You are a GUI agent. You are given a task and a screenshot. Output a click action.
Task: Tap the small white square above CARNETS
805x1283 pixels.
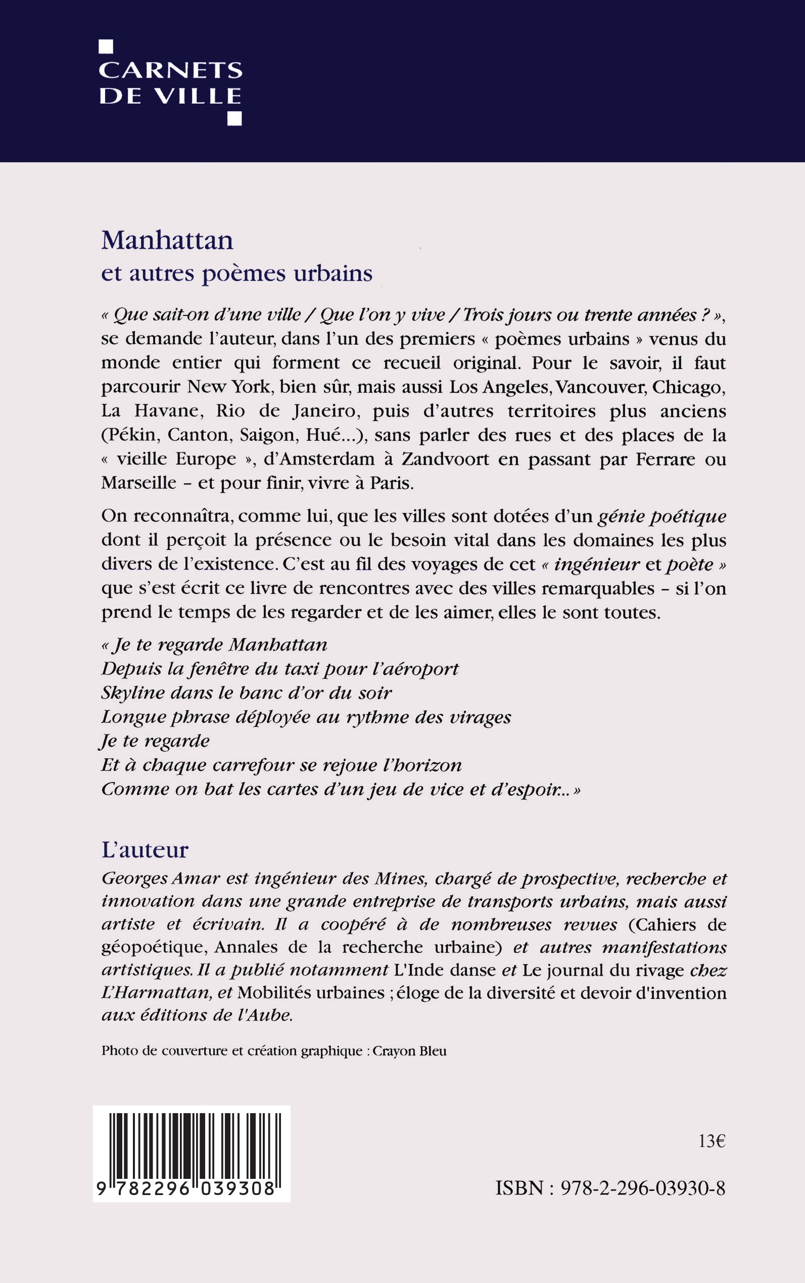click(x=106, y=47)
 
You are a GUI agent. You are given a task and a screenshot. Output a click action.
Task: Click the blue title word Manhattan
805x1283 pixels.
click(x=167, y=241)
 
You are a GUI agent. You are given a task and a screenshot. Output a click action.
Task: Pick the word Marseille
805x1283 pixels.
click(x=139, y=483)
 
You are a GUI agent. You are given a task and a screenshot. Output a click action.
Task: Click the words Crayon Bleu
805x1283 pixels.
click(x=409, y=1051)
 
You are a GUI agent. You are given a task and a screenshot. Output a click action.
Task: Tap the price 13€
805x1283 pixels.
click(x=712, y=1141)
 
